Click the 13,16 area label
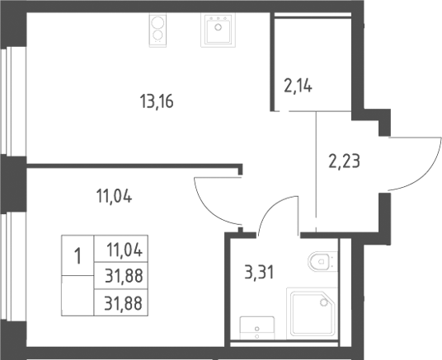(157, 101)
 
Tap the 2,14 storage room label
(298, 86)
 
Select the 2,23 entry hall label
(344, 161)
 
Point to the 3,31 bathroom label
(259, 273)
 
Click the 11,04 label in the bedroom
(114, 196)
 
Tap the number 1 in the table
(78, 256)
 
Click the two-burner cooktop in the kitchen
(158, 30)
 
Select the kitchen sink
(218, 30)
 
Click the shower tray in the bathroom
(312, 314)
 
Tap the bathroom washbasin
(257, 328)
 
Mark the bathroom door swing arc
(270, 207)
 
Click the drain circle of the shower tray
(323, 302)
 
